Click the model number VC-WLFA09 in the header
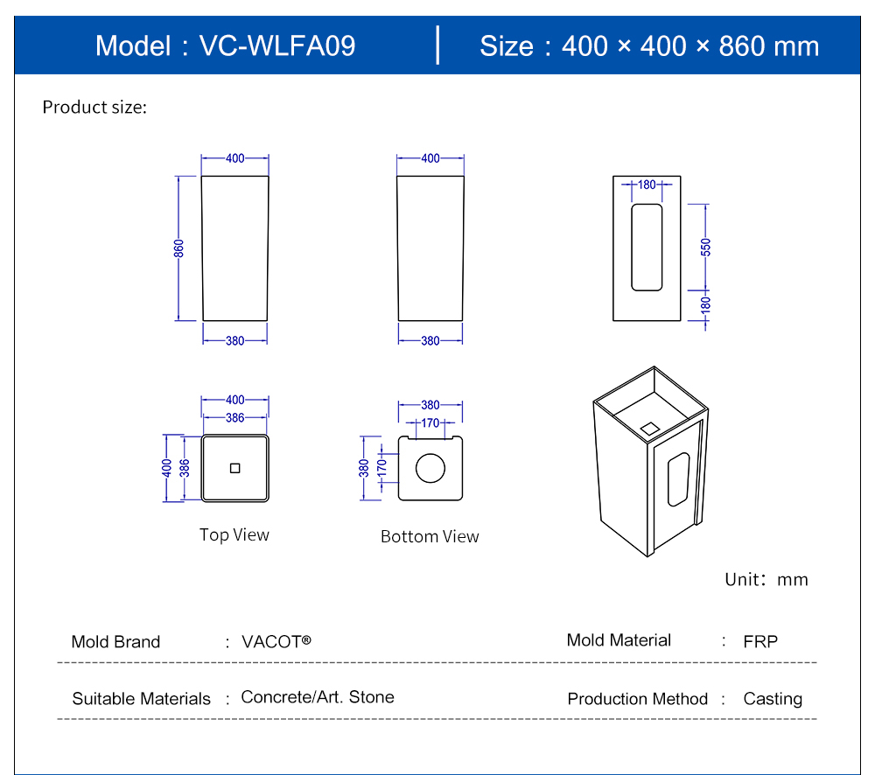pyautogui.click(x=277, y=45)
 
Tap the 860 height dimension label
pyautogui.click(x=178, y=248)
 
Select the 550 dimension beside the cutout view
pyautogui.click(x=705, y=248)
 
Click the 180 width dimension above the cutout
pyautogui.click(x=647, y=185)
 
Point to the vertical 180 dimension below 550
pyautogui.click(x=705, y=305)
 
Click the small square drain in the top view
pyautogui.click(x=234, y=468)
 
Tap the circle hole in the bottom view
pyautogui.click(x=430, y=468)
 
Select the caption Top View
pyautogui.click(x=234, y=534)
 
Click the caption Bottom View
pyautogui.click(x=430, y=536)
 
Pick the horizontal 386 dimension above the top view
pyautogui.click(x=234, y=418)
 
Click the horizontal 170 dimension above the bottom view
pyautogui.click(x=430, y=423)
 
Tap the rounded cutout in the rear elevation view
pyautogui.click(x=647, y=248)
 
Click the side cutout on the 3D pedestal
pyautogui.click(x=678, y=478)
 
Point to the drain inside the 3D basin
pyautogui.click(x=650, y=428)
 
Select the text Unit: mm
pyautogui.click(x=766, y=579)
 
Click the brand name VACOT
pyautogui.click(x=276, y=641)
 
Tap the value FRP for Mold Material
pyautogui.click(x=760, y=641)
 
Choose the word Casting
pyautogui.click(x=773, y=699)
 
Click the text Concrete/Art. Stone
pyautogui.click(x=318, y=697)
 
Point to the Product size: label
pyautogui.click(x=94, y=108)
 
